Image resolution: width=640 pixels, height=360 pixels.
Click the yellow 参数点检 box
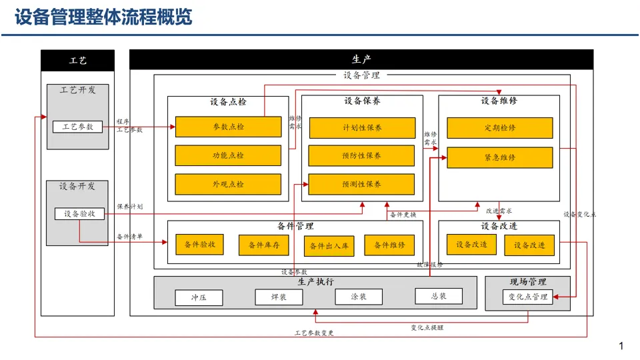coord(228,127)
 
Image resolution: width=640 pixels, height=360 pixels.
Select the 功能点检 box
coord(228,155)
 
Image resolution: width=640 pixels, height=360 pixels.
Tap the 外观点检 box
coord(228,184)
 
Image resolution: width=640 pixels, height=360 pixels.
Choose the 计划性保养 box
coord(361,127)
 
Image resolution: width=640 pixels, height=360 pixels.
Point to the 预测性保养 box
coord(361,184)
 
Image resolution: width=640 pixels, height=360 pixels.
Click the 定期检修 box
coord(499,128)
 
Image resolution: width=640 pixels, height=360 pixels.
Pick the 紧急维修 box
coord(499,157)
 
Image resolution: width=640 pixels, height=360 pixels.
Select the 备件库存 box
coord(263,245)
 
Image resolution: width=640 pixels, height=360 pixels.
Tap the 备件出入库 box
coord(329,246)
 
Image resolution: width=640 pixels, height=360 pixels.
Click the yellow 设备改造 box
coord(471,245)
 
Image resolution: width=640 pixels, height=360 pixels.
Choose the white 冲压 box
coord(199,297)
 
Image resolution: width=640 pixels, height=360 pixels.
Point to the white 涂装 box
coord(359,297)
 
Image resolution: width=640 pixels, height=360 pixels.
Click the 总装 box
coord(439,296)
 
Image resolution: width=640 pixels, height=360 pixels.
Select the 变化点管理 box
coord(528,297)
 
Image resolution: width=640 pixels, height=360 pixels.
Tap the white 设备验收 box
coord(79,214)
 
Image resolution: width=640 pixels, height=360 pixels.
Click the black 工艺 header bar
coord(78,60)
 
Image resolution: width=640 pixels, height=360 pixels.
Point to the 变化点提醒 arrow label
coord(427,327)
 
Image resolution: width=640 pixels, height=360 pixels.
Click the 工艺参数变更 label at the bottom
coord(314,333)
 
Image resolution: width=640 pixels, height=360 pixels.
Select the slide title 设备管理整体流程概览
coord(103,17)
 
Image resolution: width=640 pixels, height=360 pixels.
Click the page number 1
coord(621,346)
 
